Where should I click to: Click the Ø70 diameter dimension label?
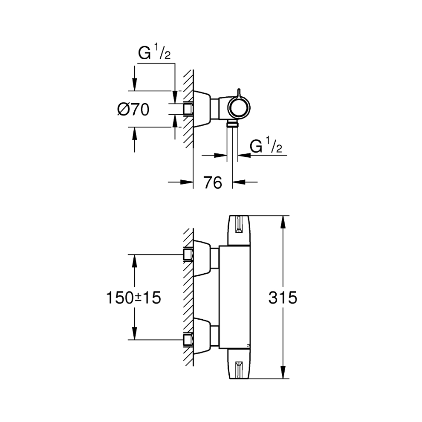click(x=133, y=110)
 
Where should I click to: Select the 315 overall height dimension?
click(x=283, y=298)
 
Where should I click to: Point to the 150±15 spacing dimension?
click(x=133, y=298)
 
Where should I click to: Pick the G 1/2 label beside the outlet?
click(x=266, y=147)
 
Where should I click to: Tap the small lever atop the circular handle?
click(x=239, y=93)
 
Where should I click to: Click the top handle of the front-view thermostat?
click(x=240, y=230)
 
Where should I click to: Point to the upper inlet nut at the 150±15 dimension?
click(x=187, y=255)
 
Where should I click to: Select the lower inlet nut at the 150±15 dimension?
click(x=187, y=340)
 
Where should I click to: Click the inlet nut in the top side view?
click(x=188, y=109)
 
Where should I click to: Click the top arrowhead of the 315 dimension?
click(x=283, y=219)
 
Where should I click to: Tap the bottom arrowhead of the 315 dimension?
click(x=283, y=375)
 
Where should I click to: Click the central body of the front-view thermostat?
click(x=234, y=298)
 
